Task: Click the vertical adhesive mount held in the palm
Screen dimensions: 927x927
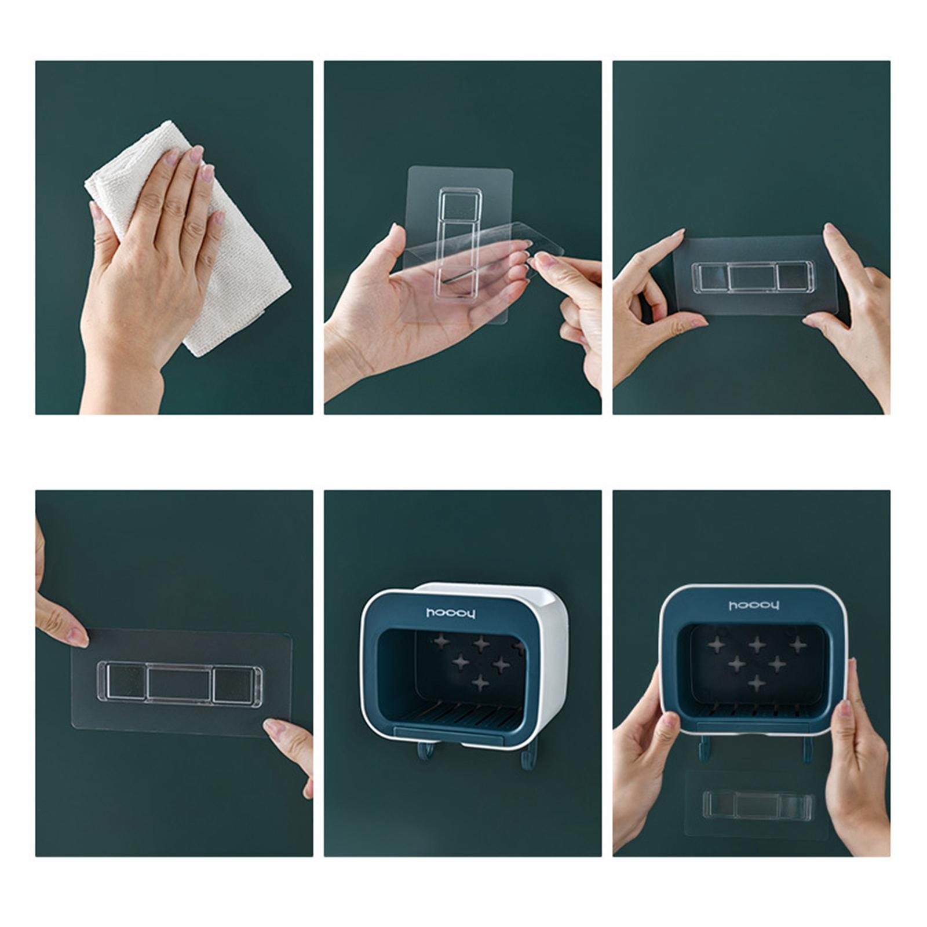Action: (458, 243)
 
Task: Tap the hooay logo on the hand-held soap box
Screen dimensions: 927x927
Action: (754, 605)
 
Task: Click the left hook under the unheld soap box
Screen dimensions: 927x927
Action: (425, 751)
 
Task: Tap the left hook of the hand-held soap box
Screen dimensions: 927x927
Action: (703, 747)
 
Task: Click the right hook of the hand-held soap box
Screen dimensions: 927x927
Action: (806, 747)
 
